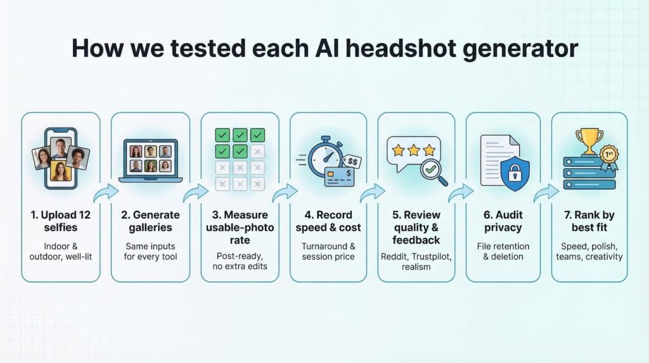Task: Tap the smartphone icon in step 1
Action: [60, 160]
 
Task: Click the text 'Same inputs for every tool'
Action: [150, 251]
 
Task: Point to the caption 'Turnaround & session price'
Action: [328, 251]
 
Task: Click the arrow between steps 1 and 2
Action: [105, 192]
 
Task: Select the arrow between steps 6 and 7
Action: [546, 192]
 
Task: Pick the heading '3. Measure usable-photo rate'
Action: [240, 227]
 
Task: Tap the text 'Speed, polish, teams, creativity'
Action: [589, 251]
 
